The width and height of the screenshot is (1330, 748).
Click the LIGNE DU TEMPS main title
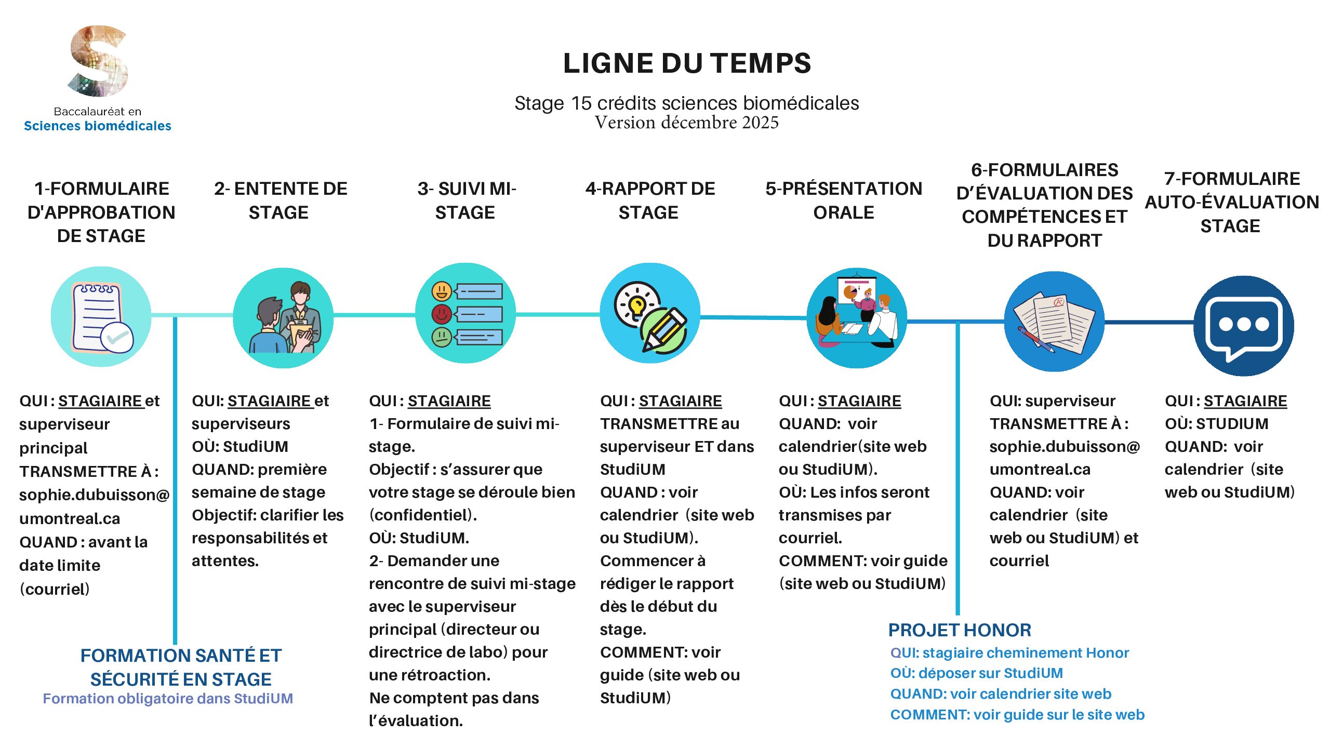(x=686, y=63)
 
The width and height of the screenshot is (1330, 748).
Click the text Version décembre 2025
(x=686, y=123)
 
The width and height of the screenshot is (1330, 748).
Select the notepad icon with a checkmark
(x=101, y=317)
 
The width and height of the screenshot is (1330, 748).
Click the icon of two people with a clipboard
(x=283, y=318)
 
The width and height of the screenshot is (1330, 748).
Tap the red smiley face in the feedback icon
(x=442, y=314)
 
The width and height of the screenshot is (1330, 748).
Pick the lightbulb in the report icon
(x=636, y=304)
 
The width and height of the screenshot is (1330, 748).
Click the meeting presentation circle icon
(x=857, y=318)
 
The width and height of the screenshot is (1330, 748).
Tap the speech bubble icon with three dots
(x=1243, y=326)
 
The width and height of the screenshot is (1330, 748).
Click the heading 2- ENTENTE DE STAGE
(x=280, y=201)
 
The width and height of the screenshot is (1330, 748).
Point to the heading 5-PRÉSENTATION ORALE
(x=843, y=201)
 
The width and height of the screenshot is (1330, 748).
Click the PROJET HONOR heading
(x=959, y=630)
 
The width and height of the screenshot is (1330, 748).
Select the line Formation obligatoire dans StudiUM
(x=168, y=699)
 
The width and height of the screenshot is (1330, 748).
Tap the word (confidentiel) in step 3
(x=422, y=515)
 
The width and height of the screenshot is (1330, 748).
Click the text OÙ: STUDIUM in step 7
(x=1216, y=424)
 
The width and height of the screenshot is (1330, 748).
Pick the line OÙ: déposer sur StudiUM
(x=976, y=673)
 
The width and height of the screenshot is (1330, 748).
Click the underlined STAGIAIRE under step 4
(x=680, y=401)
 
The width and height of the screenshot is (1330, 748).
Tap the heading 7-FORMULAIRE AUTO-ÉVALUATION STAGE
(x=1231, y=202)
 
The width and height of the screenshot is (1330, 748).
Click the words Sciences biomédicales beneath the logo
(x=98, y=126)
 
